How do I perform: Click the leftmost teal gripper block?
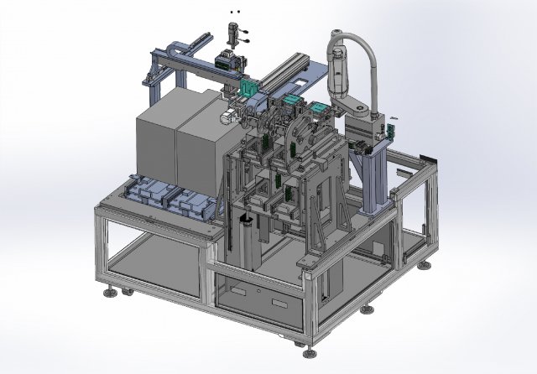(248, 89)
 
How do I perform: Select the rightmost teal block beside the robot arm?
(320, 109)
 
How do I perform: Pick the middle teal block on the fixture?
(290, 101)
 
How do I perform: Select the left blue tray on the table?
(148, 193)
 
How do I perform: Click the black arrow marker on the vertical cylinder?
(245, 218)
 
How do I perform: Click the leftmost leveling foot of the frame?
(109, 293)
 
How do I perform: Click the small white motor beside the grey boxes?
(227, 118)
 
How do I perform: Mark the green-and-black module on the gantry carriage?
(226, 62)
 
